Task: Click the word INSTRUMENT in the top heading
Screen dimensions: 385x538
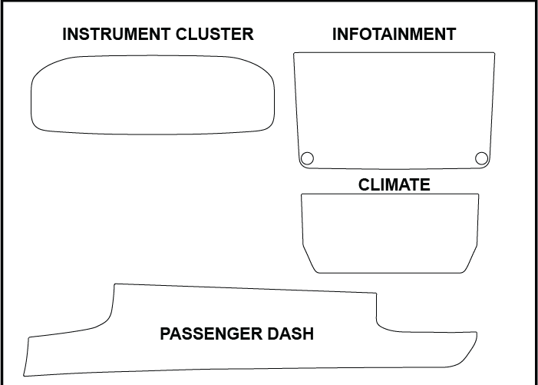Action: point(112,35)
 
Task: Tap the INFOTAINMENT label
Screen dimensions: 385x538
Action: point(394,35)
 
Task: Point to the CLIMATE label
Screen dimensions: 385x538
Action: point(394,185)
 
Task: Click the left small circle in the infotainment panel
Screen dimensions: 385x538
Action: point(307,158)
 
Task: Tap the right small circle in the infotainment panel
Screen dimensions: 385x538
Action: point(481,158)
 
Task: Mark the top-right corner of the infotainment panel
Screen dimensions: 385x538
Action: point(493,54)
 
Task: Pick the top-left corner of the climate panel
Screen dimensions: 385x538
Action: point(302,195)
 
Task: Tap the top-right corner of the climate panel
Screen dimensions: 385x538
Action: point(477,195)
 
